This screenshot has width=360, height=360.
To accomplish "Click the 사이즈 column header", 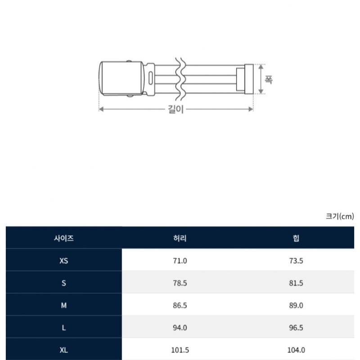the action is (x=64, y=238).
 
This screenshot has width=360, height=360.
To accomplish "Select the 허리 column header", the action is (x=180, y=238).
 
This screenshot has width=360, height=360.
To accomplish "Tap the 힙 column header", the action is (x=296, y=238).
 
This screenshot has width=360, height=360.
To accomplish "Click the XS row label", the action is (x=64, y=261).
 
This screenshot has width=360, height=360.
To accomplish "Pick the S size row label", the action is (x=64, y=283).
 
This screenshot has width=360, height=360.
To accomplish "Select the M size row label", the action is (x=64, y=305).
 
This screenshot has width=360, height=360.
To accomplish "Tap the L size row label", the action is (x=64, y=328).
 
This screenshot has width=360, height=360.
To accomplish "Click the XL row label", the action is (x=64, y=350).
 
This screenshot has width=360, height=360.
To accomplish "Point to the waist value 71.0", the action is (x=180, y=261).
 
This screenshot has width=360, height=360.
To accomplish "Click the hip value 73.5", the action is (x=296, y=261).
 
